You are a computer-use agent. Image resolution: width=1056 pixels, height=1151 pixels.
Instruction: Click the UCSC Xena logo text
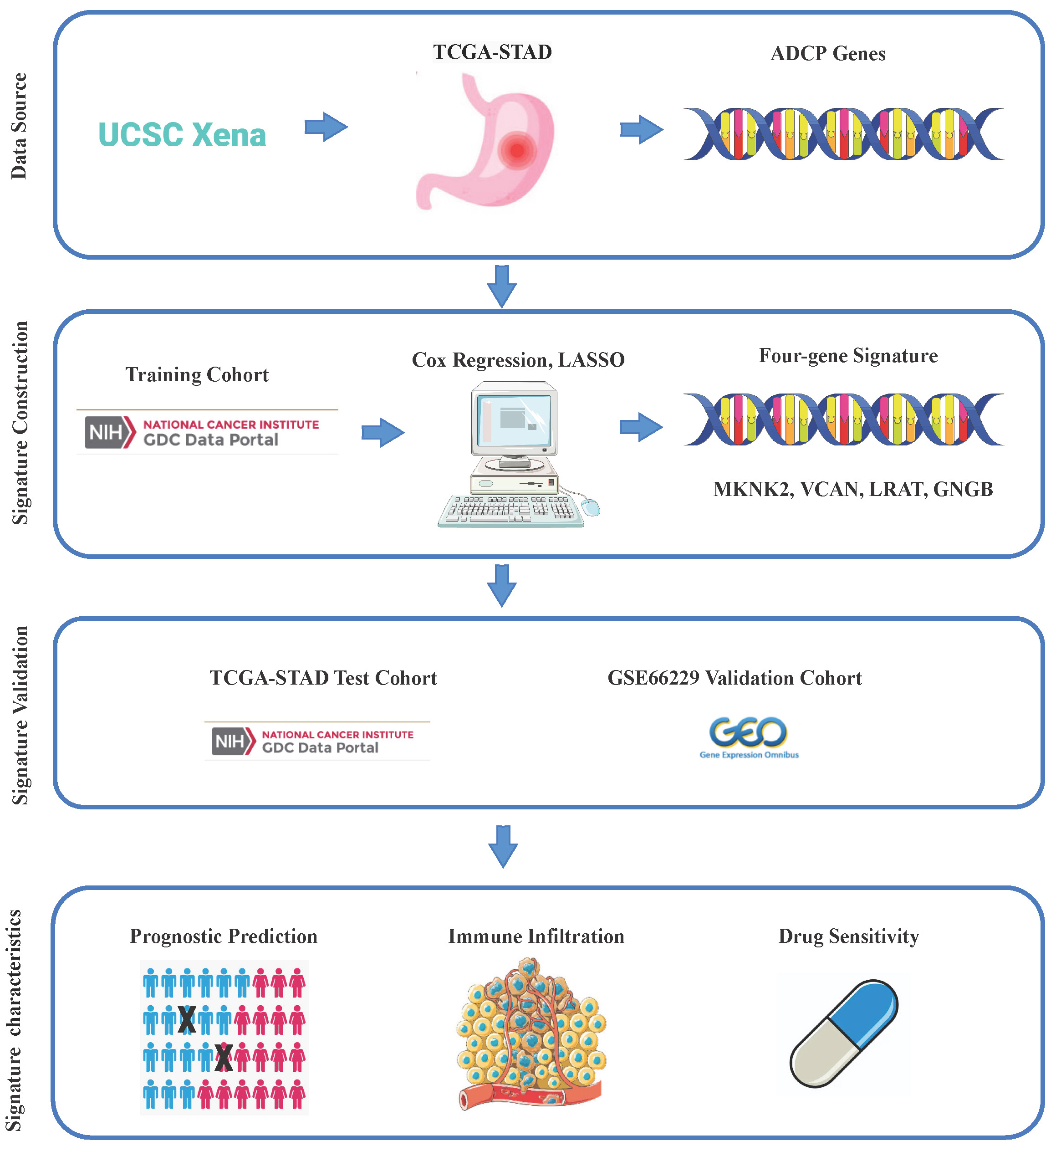[x=182, y=135]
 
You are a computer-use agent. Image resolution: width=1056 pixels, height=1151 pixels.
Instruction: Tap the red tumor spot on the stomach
[x=517, y=151]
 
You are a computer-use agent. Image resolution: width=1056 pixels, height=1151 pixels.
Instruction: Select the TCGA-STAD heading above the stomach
[x=493, y=52]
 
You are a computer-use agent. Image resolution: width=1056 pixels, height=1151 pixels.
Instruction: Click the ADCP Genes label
[x=829, y=54]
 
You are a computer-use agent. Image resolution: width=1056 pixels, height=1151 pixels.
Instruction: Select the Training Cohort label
[x=197, y=375]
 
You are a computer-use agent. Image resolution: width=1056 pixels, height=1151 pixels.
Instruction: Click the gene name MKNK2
[x=753, y=490]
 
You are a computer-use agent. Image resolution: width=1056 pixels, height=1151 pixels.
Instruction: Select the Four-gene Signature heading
[x=848, y=356]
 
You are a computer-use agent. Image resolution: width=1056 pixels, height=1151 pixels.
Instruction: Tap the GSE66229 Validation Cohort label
[x=735, y=678]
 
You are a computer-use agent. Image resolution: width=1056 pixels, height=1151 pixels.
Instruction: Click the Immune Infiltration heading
[x=536, y=936]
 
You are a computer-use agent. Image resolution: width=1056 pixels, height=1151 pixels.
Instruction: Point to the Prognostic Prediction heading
[x=224, y=936]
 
